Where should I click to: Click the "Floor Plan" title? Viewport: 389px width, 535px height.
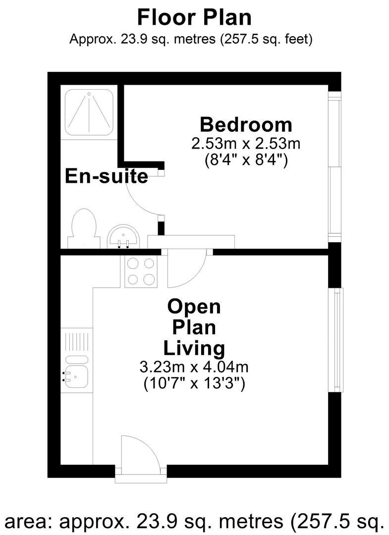click(x=194, y=17)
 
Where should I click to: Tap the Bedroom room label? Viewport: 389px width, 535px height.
click(x=246, y=125)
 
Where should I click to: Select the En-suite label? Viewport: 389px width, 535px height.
click(x=107, y=176)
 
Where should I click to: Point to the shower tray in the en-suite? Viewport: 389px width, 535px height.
click(x=89, y=112)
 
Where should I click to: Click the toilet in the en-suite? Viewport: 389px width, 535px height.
click(x=84, y=228)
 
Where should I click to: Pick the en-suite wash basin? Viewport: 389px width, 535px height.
click(x=123, y=236)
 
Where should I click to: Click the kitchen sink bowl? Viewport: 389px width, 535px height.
click(x=76, y=377)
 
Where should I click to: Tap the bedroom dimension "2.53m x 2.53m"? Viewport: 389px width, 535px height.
click(x=246, y=144)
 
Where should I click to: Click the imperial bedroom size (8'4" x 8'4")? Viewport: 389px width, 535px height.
click(x=246, y=159)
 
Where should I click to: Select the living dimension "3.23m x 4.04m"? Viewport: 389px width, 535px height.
click(x=194, y=367)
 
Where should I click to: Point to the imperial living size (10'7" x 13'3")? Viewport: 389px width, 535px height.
click(x=194, y=383)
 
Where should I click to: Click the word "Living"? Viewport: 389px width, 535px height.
click(x=194, y=348)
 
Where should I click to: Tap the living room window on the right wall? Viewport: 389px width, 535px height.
click(x=336, y=340)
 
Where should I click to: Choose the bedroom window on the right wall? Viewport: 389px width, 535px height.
click(x=334, y=167)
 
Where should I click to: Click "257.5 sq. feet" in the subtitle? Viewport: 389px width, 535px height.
click(x=266, y=39)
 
